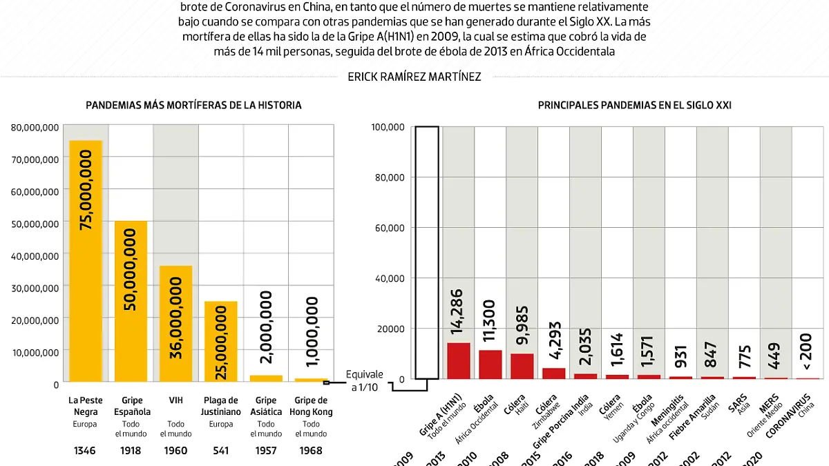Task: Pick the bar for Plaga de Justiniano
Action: pos(220,341)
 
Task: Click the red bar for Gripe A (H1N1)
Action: pos(459,360)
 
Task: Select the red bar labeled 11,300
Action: pos(490,364)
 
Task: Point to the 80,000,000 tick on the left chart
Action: pos(35,127)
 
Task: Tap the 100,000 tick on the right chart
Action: pos(388,127)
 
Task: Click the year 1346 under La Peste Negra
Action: pos(86,451)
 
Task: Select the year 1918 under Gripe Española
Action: pos(131,451)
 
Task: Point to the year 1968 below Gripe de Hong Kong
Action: pos(311,451)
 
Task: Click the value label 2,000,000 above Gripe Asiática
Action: pos(265,327)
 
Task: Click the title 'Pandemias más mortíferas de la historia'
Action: pos(193,106)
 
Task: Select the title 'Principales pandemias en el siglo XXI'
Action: pos(634,106)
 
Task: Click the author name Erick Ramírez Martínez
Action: pos(414,77)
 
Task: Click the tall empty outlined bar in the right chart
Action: pos(427,252)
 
